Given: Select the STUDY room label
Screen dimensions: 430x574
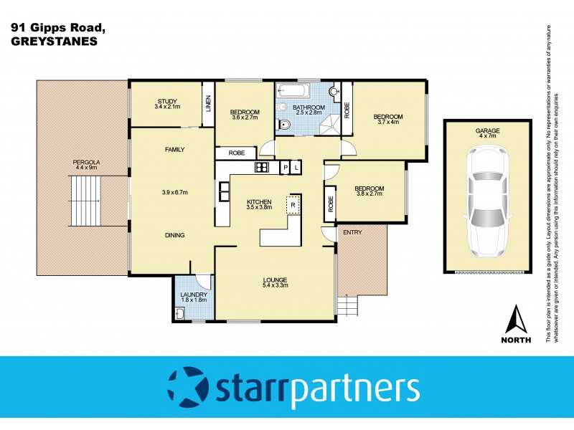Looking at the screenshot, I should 166,101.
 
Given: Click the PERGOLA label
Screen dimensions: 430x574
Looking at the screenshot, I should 85,163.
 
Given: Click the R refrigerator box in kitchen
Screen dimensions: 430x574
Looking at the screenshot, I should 293,204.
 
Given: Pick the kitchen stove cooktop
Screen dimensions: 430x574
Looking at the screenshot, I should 261,168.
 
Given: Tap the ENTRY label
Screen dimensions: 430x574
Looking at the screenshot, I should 352,232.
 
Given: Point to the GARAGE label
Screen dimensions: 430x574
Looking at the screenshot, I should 487,130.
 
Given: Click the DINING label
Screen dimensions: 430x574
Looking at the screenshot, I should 174,235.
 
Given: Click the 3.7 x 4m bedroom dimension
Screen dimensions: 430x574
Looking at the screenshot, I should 387,123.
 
